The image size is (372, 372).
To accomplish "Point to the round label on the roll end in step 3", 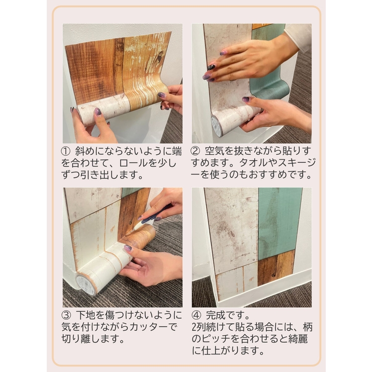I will [x=84, y=285].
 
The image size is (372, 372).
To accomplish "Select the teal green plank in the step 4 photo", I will [x=280, y=221].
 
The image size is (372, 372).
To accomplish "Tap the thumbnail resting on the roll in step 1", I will [x=98, y=112].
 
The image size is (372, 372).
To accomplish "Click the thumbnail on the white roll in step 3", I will [x=127, y=248].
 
